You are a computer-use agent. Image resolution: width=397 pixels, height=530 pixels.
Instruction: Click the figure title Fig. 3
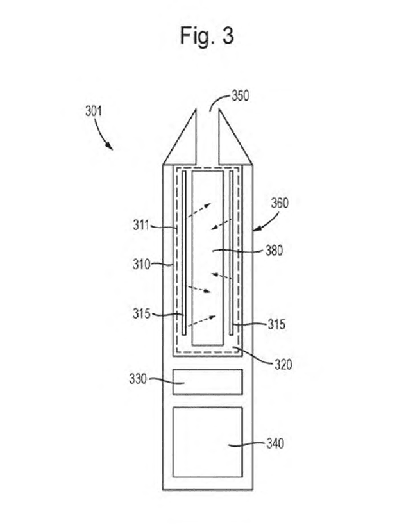point(207,35)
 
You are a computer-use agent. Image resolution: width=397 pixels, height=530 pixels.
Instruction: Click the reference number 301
point(94,112)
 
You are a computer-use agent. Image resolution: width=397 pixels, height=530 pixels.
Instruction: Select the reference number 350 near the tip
point(240,95)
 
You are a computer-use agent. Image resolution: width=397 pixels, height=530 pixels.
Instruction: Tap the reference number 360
point(280,203)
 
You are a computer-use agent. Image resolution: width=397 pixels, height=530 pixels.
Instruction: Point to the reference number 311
point(141,225)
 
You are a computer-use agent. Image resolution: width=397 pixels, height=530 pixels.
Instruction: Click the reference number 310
point(141,264)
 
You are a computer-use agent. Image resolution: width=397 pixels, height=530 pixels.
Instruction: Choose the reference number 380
point(274,251)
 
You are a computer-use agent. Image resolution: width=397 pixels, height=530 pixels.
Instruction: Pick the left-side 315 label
point(141,313)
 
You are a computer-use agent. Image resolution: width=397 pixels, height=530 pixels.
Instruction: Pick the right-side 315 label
point(276,324)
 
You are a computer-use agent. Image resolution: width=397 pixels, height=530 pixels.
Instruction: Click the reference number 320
point(283,365)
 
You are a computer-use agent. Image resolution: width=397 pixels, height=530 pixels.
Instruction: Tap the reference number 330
point(138,379)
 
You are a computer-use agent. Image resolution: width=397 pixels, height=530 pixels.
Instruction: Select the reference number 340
point(275,443)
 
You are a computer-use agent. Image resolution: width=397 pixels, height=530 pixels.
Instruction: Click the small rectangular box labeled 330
point(208,382)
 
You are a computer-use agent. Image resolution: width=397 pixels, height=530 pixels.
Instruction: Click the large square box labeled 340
point(208,442)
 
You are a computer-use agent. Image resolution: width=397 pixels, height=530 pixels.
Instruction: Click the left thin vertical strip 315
point(184,253)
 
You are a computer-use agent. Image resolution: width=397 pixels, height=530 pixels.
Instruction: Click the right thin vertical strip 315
point(232,253)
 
